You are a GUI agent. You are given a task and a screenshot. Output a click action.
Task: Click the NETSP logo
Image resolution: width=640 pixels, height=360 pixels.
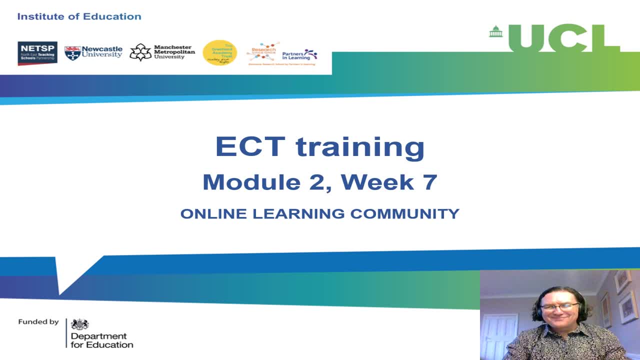[x=37, y=53]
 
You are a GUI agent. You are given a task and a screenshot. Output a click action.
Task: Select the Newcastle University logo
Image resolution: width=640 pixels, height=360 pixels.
[x=93, y=52]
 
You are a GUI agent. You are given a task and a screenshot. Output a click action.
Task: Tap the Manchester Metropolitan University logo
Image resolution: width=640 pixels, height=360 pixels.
[x=162, y=52]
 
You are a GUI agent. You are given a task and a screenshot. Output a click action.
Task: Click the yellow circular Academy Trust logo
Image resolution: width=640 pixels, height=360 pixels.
[x=219, y=52]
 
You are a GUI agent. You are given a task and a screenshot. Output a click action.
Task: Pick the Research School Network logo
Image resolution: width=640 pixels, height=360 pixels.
[x=262, y=53]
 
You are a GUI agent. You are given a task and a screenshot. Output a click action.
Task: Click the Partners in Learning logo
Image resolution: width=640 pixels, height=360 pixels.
[x=299, y=54]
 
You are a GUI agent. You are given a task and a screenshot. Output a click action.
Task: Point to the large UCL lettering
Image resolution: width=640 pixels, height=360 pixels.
[x=564, y=38]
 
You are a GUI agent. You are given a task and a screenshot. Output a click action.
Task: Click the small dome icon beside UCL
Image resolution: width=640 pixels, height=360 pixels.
[x=495, y=31]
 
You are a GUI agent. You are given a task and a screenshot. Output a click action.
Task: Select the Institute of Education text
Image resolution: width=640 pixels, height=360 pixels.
[x=79, y=16]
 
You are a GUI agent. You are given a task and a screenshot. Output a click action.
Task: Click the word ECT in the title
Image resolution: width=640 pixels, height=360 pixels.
[x=250, y=146]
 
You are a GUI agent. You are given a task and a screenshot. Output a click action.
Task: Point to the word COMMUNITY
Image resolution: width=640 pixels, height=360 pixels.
[x=404, y=214]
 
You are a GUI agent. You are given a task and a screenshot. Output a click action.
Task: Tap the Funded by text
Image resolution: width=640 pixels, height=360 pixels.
[x=38, y=322]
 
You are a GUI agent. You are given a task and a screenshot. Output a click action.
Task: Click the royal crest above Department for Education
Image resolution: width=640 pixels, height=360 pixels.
[x=80, y=324]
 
